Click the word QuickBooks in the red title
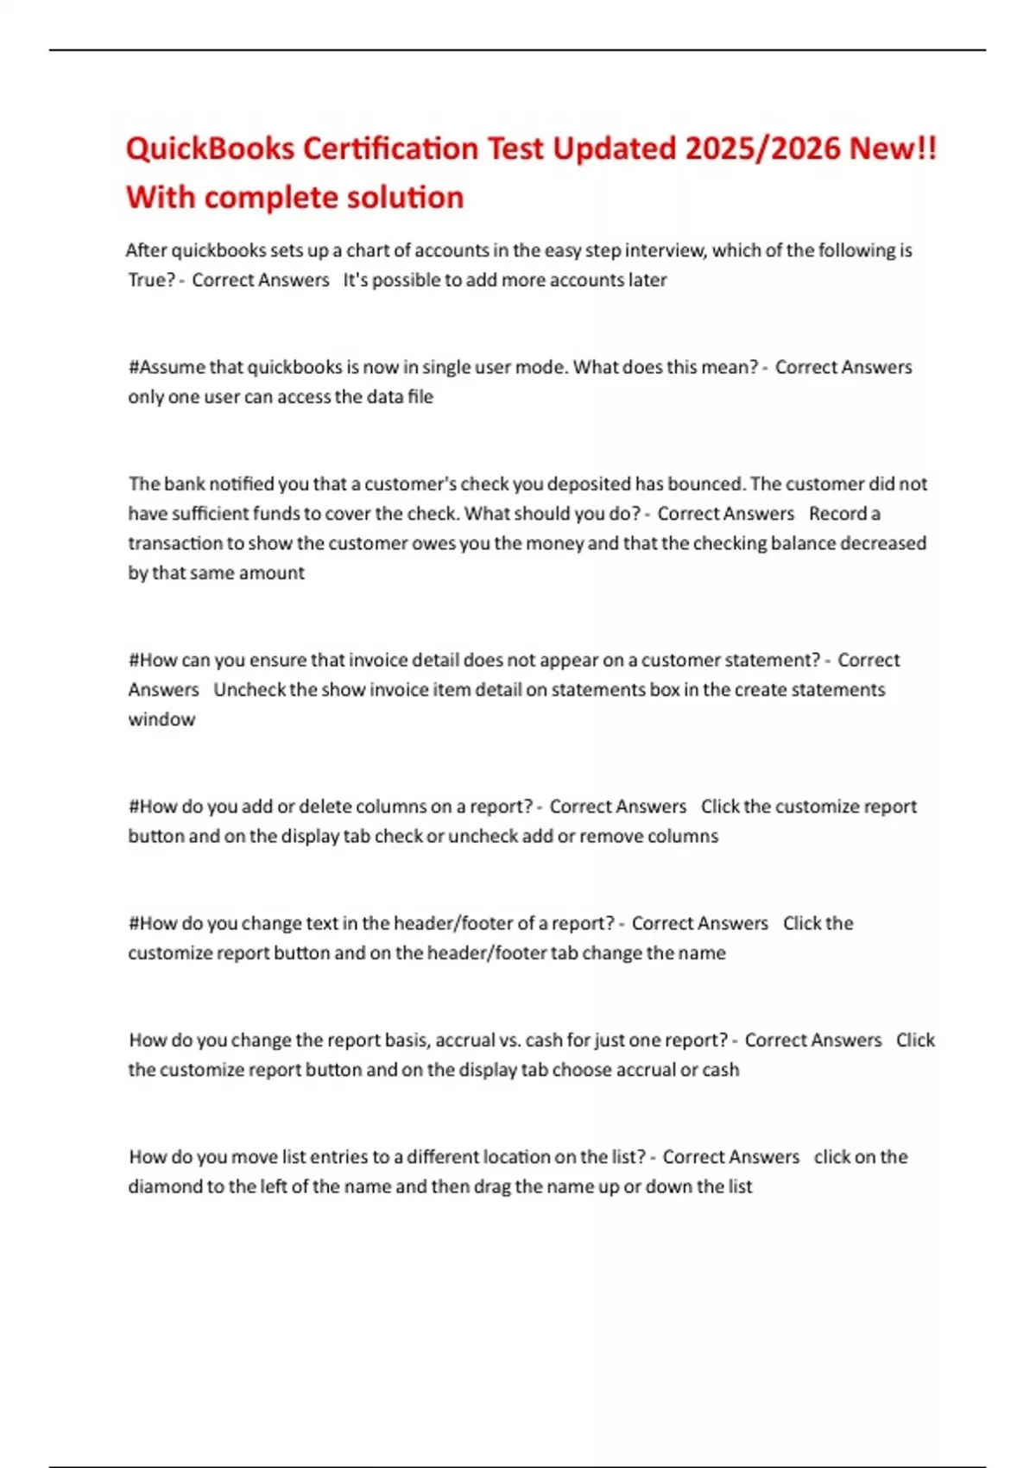(x=210, y=149)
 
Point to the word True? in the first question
(x=152, y=280)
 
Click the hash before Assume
(x=133, y=367)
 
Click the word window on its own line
(x=161, y=719)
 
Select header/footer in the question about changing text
(x=452, y=923)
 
